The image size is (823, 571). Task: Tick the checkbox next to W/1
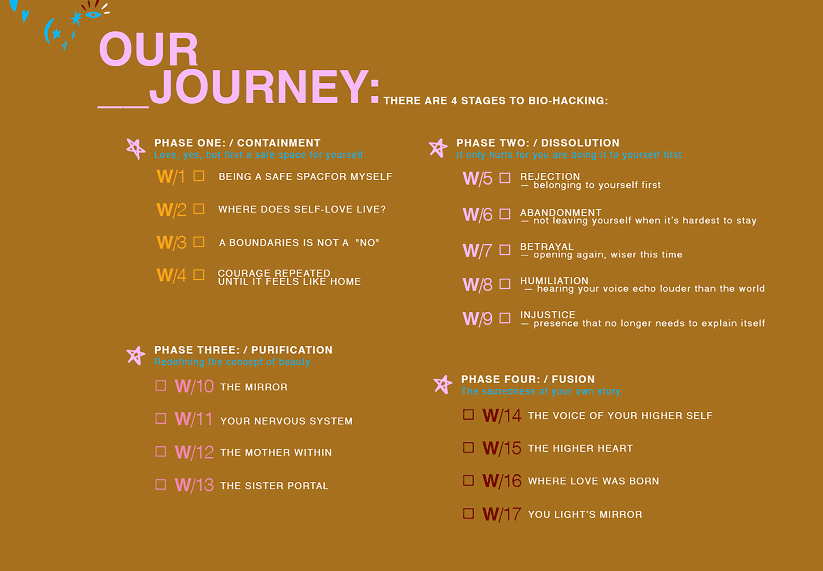(x=199, y=176)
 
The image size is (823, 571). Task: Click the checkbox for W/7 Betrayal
(x=505, y=250)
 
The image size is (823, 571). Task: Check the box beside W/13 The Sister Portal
(x=160, y=485)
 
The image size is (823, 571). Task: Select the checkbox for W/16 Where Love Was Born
(x=468, y=480)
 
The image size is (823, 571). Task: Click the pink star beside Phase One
(x=135, y=149)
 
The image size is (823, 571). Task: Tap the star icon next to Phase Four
(x=443, y=385)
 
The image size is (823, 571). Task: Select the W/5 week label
(x=477, y=179)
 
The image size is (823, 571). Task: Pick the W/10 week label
(x=194, y=387)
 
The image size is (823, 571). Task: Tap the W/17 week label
(x=502, y=514)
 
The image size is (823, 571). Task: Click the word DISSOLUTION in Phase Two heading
(x=580, y=143)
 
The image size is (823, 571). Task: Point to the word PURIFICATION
(x=292, y=350)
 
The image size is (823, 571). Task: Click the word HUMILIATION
(x=554, y=281)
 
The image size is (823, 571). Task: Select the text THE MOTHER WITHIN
(x=276, y=453)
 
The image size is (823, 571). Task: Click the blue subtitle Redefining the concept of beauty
(x=233, y=362)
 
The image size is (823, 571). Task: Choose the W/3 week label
(x=172, y=242)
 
